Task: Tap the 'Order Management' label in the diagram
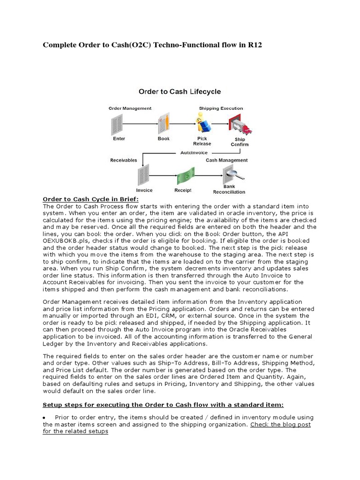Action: [130, 108]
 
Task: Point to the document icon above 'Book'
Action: [164, 123]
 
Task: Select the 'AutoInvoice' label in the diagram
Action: [194, 152]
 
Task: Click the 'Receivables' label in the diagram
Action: [124, 160]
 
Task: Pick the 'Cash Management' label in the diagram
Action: [227, 160]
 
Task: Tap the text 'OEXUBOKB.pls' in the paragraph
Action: [64, 240]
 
